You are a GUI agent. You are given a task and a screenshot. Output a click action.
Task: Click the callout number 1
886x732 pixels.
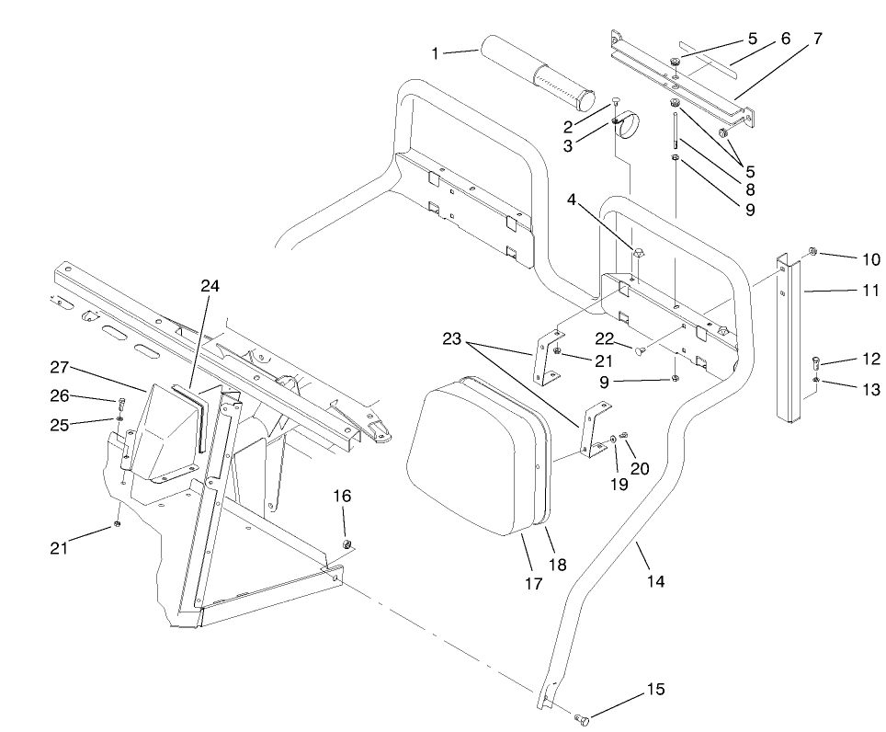pos(436,53)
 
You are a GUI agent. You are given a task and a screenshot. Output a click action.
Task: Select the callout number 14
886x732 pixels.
pos(655,581)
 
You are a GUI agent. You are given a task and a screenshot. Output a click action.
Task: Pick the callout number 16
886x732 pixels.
pos(342,497)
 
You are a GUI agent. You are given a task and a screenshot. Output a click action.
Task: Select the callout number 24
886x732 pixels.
pos(211,285)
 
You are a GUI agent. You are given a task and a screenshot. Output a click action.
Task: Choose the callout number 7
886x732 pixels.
pos(817,39)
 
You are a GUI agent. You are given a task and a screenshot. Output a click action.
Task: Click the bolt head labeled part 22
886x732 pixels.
pos(641,349)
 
